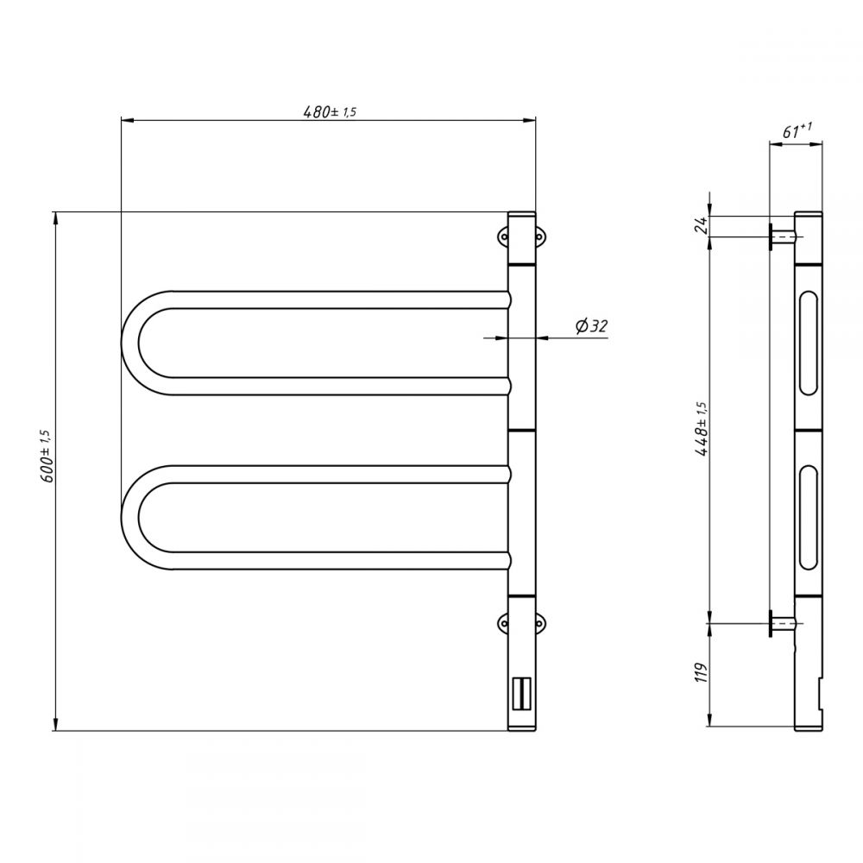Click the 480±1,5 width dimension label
tap(330, 111)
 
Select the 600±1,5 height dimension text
tap(47, 457)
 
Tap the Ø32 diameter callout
tap(592, 326)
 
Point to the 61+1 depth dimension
tap(797, 131)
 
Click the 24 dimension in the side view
tap(702, 224)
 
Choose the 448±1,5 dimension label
tap(702, 429)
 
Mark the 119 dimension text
tap(701, 672)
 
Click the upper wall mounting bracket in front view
tap(521, 237)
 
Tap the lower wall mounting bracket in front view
tap(521, 623)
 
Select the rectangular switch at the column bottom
tap(521, 694)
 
